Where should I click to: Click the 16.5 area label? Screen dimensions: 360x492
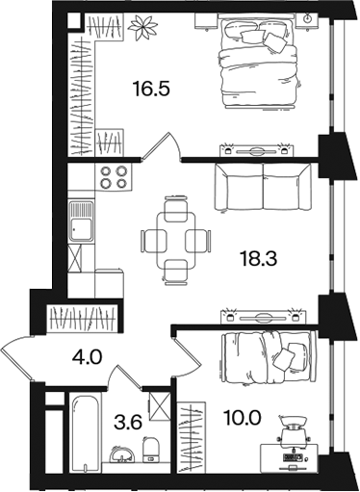click(x=151, y=89)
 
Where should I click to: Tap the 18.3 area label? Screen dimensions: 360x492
click(x=259, y=259)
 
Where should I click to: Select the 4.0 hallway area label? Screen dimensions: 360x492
click(x=87, y=357)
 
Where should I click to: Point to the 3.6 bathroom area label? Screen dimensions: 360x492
click(x=128, y=423)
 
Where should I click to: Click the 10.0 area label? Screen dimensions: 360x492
click(x=244, y=418)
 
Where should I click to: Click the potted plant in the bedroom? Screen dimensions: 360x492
click(x=143, y=28)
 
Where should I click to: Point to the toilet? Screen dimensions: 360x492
click(x=150, y=450)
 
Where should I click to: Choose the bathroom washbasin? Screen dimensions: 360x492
click(x=123, y=453)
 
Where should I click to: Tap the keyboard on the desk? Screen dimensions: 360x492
click(x=293, y=456)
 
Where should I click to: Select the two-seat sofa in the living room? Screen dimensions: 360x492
click(x=263, y=187)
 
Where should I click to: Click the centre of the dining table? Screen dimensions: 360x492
click(x=176, y=241)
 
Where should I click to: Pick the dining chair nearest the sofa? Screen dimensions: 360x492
click(x=175, y=209)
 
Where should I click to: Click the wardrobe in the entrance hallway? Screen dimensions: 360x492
click(x=81, y=319)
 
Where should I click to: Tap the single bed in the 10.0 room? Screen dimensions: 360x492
click(x=269, y=357)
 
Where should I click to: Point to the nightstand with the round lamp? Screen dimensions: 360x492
click(x=307, y=21)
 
